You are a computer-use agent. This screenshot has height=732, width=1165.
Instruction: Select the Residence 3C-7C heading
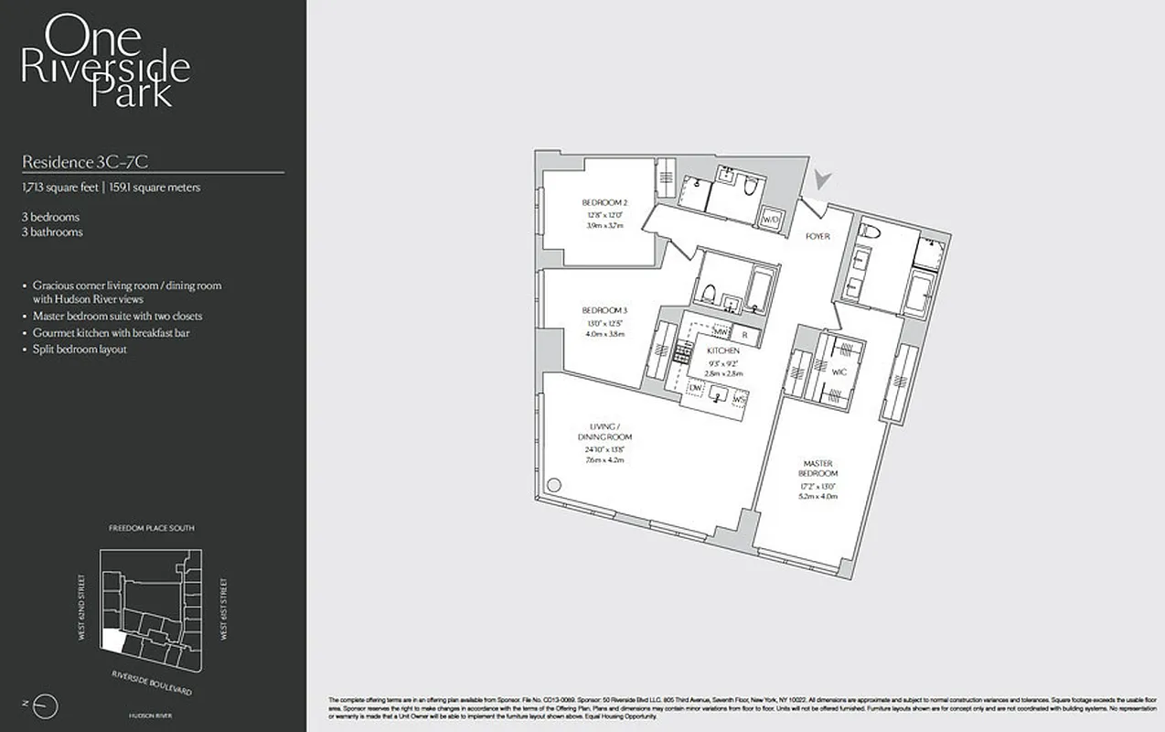click(x=85, y=162)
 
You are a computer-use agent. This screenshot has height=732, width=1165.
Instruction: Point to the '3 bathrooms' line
click(x=52, y=232)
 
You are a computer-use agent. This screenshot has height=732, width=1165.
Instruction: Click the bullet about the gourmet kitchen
click(x=111, y=333)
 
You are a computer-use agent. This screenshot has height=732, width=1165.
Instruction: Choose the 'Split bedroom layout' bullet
click(x=80, y=350)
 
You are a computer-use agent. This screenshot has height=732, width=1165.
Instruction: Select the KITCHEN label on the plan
click(x=722, y=351)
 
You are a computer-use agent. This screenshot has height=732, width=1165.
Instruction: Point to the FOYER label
click(x=818, y=236)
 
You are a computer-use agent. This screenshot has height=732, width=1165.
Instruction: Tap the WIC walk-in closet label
click(x=839, y=372)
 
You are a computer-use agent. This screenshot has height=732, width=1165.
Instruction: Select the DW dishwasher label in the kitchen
click(x=696, y=388)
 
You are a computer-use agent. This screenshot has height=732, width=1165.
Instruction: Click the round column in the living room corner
click(x=553, y=486)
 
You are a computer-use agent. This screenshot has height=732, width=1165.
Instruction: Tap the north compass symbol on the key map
click(x=48, y=705)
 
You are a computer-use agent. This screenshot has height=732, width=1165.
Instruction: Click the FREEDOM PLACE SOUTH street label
click(x=151, y=528)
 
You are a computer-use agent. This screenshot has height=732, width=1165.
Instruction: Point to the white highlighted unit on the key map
click(x=112, y=640)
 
